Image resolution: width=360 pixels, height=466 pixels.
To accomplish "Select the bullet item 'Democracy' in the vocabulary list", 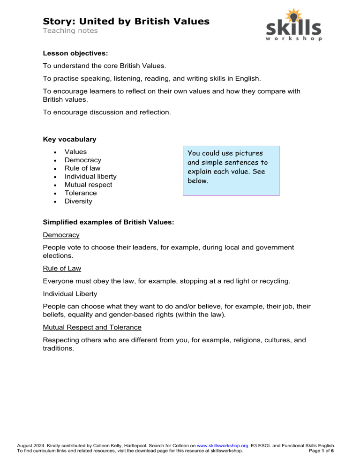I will pos(82,160).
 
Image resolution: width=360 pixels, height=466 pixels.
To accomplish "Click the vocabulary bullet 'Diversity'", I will pos(78,201).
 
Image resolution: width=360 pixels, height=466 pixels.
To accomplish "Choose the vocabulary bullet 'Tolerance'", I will pos(81,193).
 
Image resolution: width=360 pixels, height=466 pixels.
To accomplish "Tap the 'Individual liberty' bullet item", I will pos(90,176).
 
